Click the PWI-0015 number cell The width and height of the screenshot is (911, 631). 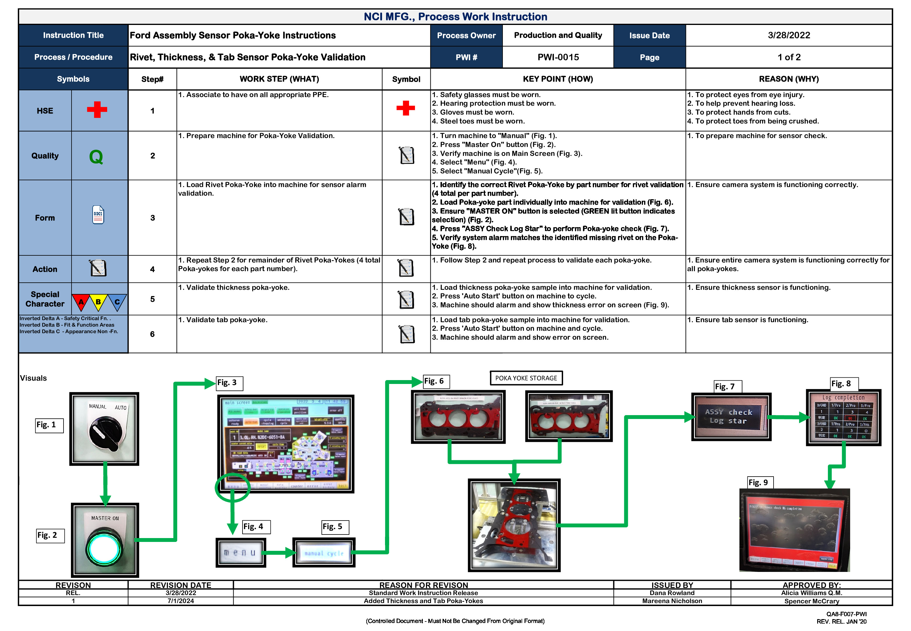coord(558,57)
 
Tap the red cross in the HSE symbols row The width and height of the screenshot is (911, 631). coord(97,110)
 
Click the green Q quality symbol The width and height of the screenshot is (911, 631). coord(96,156)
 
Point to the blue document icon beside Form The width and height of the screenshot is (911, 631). coord(98,215)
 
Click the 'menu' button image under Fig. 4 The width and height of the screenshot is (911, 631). coord(240,553)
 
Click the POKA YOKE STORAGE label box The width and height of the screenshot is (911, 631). coord(526,378)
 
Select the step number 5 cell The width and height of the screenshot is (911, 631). coord(153,299)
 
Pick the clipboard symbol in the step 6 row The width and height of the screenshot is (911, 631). coord(406,334)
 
